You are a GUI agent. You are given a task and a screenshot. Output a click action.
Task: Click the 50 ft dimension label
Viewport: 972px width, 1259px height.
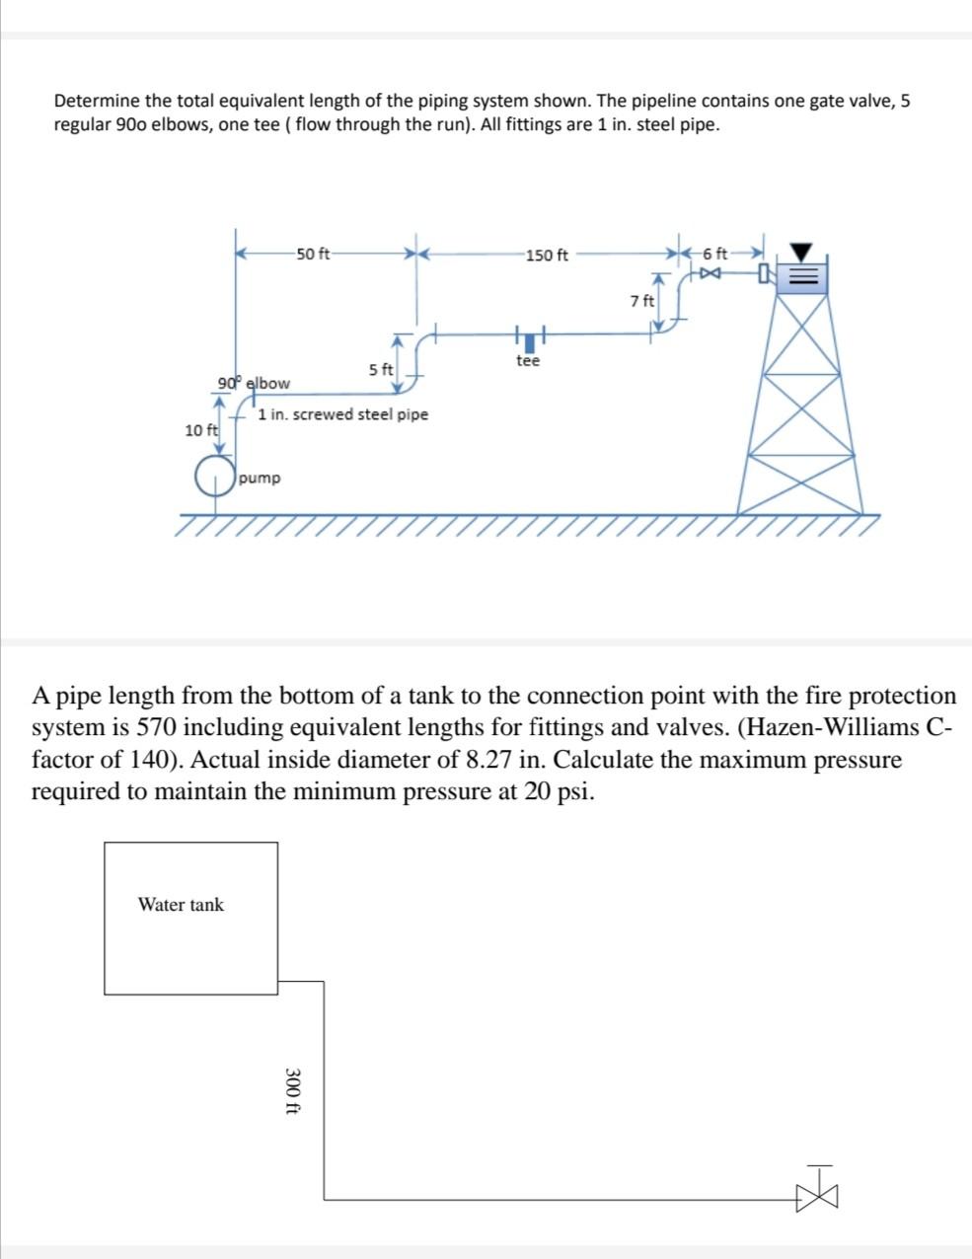pyautogui.click(x=313, y=254)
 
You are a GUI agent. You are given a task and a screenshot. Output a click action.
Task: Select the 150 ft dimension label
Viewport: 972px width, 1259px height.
pyautogui.click(x=548, y=256)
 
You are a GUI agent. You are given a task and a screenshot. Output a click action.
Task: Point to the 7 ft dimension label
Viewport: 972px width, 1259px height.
pyautogui.click(x=641, y=300)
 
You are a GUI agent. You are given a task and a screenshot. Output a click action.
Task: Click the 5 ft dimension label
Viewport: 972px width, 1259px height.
pyautogui.click(x=381, y=369)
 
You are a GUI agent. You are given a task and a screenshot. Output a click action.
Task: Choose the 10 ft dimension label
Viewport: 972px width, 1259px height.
pyautogui.click(x=200, y=429)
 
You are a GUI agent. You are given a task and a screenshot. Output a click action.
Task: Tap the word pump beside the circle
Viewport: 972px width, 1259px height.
pyautogui.click(x=260, y=478)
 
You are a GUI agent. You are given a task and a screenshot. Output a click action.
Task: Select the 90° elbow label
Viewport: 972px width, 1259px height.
pyautogui.click(x=255, y=382)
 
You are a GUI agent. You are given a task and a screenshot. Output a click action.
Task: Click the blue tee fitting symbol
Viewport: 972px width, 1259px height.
pyautogui.click(x=530, y=341)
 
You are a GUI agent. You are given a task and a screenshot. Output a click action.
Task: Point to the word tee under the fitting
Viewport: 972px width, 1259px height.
pyautogui.click(x=528, y=361)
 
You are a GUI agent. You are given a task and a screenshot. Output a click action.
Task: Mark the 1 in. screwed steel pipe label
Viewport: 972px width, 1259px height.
pyautogui.click(x=343, y=414)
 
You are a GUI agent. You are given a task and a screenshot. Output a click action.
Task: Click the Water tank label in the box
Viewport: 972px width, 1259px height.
pyautogui.click(x=181, y=905)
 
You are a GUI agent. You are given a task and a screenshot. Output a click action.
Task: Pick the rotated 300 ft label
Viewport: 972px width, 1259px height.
pyautogui.click(x=292, y=1091)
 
